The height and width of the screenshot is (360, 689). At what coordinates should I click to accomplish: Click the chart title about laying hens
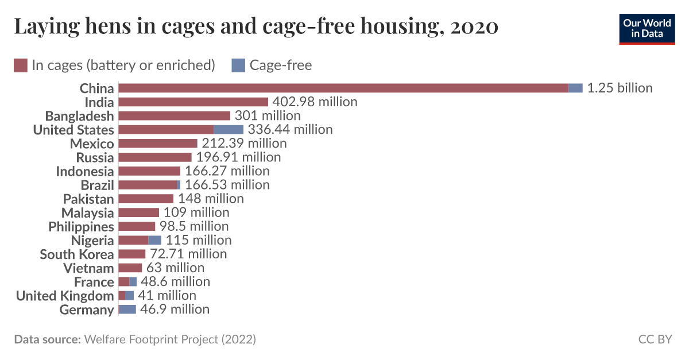(x=256, y=26)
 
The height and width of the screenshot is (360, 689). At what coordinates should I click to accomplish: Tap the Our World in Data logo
(x=647, y=28)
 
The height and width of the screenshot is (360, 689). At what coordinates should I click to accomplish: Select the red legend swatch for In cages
(x=21, y=65)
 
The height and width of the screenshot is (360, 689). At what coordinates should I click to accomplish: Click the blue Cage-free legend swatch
(x=238, y=65)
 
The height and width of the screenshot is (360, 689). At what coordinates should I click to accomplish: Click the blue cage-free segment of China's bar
(x=575, y=88)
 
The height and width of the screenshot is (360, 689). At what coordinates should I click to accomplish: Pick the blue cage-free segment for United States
(x=229, y=130)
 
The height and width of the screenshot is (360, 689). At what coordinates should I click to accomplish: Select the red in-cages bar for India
(x=193, y=102)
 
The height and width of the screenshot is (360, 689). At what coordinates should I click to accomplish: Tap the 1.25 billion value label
(x=620, y=88)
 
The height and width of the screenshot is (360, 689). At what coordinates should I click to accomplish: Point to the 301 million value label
(x=268, y=116)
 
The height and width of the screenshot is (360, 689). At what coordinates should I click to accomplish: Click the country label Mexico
(x=92, y=144)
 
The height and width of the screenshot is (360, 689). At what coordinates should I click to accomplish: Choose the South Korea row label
(x=77, y=254)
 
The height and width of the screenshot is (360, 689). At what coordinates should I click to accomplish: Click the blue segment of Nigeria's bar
(x=154, y=241)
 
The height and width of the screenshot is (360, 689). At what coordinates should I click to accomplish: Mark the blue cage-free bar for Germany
(x=127, y=309)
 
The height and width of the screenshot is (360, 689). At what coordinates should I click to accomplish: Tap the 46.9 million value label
(x=175, y=309)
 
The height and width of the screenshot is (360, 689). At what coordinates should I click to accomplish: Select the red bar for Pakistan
(x=146, y=199)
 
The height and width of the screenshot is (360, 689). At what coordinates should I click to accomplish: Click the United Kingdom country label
(x=65, y=296)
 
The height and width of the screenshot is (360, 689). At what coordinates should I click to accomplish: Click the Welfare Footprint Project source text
(x=170, y=339)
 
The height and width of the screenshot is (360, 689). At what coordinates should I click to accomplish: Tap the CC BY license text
(x=655, y=339)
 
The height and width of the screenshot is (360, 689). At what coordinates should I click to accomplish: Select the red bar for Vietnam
(x=130, y=268)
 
